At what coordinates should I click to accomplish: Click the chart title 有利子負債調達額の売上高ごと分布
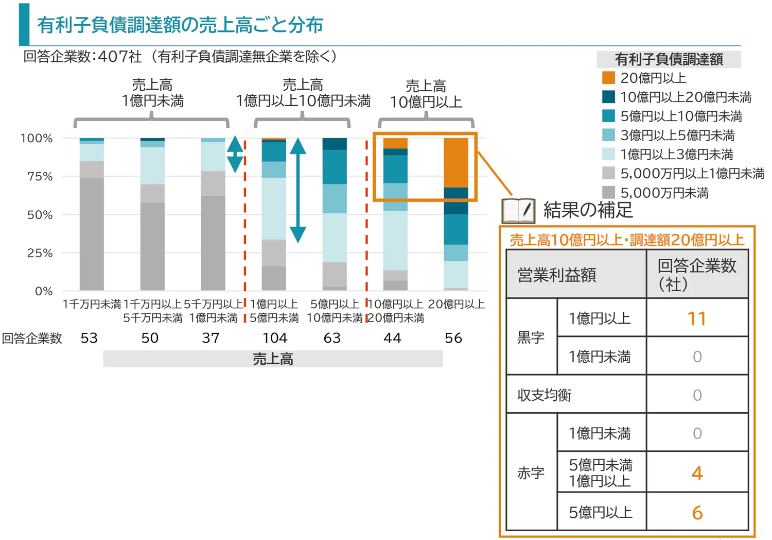pos(180,25)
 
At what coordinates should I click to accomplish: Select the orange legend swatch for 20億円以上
pos(608,78)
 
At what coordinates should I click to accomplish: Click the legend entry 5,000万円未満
pos(664,193)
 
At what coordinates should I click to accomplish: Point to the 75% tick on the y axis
pos(40,176)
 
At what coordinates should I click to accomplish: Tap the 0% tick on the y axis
pos(44,291)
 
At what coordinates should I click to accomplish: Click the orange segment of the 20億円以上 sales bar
pos(456,162)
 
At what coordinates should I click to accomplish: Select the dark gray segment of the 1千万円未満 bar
pos(92,234)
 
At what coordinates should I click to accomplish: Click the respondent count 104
pos(274,338)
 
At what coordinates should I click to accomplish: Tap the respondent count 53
pos(89,338)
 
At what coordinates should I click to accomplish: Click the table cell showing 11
pos(697,318)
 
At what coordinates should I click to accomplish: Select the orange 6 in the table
pos(697,513)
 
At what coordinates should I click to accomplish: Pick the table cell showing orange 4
pos(697,473)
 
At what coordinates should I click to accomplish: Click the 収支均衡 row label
pos(545,395)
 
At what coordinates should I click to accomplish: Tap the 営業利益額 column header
pos(557,275)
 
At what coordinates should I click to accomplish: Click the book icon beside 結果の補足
pos(518,210)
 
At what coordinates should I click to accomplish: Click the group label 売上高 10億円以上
pos(426,94)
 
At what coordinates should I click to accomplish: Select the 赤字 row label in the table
pos(531,473)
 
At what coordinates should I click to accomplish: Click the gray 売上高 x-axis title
pos(273,359)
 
